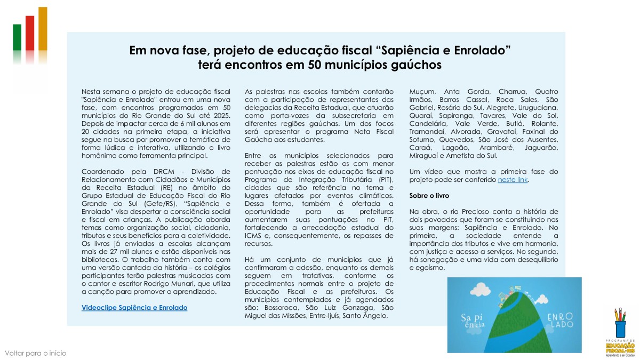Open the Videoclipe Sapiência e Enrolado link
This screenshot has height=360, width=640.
(x=134, y=308)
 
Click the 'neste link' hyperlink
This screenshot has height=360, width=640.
(x=513, y=180)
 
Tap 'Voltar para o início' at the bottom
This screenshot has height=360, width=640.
(x=36, y=353)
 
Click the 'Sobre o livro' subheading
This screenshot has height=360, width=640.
(x=429, y=196)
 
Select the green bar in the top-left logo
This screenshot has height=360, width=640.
(x=17, y=37)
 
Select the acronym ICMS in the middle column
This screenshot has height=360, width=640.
(x=254, y=236)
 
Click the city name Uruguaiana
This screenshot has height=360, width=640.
(x=537, y=107)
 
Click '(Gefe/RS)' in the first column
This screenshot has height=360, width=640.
(x=160, y=204)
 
